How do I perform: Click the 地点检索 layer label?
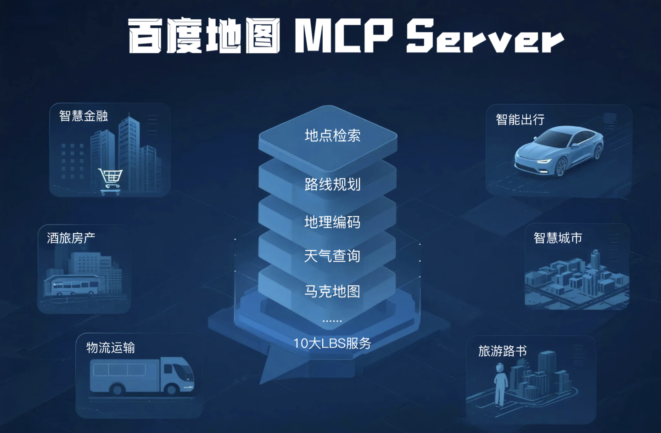[332, 135]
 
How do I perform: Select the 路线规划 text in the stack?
[332, 184]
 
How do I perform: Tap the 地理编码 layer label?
[332, 222]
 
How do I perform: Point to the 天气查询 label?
[332, 256]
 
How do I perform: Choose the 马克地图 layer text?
[332, 291]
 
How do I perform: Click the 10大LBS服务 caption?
[332, 343]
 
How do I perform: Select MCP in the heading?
[344, 36]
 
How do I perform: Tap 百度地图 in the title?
[204, 36]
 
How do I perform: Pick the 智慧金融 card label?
[84, 116]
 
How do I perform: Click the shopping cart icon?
[111, 180]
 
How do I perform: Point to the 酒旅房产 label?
[71, 238]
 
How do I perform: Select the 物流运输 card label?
[111, 348]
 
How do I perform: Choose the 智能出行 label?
[520, 120]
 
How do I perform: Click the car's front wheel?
[561, 168]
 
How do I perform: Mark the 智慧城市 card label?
[558, 238]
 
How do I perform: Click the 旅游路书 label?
[502, 351]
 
